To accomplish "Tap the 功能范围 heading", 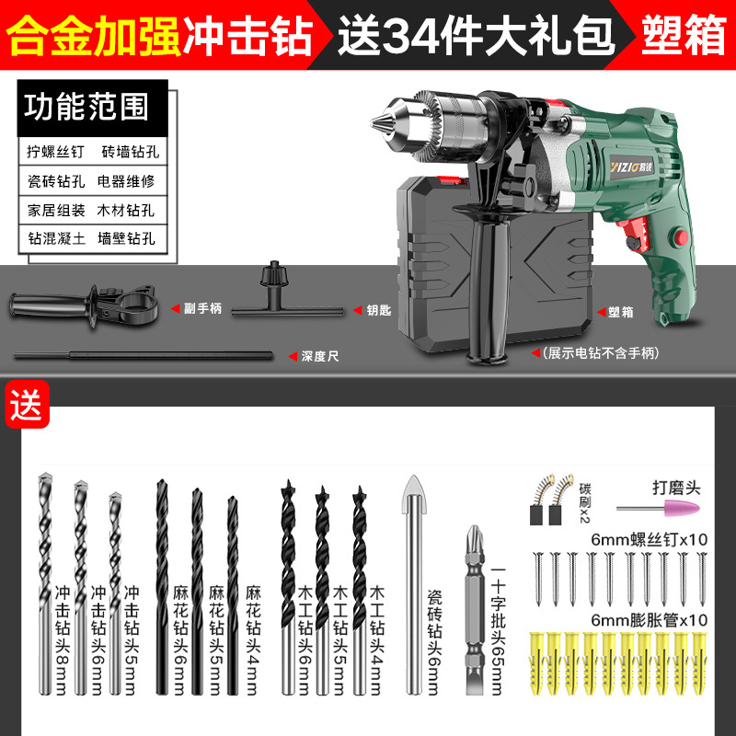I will click(86, 107).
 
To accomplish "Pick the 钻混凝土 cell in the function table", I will click(55, 237).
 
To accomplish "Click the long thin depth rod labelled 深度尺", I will click(147, 353).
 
